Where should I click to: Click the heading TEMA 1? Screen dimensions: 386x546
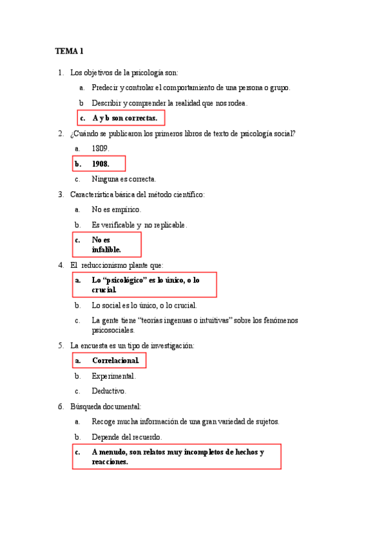69,51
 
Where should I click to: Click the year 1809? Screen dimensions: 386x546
101,148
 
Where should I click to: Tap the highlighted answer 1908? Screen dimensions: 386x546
101,164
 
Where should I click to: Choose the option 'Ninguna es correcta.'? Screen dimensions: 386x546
124,179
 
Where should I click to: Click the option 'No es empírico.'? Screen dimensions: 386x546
116,209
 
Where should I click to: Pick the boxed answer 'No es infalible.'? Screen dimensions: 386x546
106,245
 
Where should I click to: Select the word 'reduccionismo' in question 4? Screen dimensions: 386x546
107,265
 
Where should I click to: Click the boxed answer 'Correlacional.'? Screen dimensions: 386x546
115,361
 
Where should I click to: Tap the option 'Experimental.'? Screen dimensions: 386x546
113,376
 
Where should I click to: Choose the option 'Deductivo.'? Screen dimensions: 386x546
109,391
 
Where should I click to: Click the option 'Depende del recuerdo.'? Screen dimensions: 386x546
131,437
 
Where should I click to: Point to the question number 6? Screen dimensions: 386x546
60,406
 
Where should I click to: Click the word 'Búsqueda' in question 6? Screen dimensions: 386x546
86,406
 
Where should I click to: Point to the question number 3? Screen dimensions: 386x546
60,194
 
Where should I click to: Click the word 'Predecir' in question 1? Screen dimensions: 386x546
105,88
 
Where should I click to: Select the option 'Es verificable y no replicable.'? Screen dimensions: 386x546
139,225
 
